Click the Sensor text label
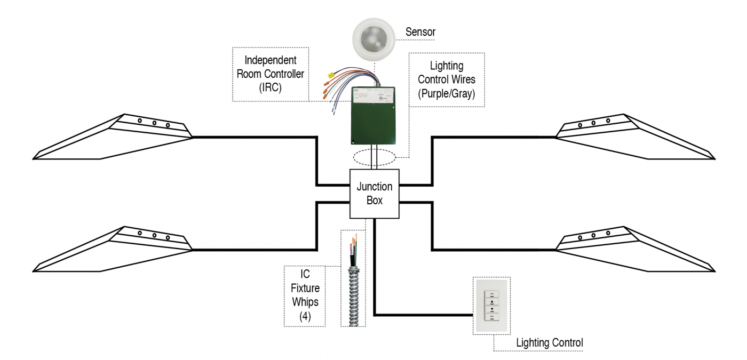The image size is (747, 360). click(x=420, y=33)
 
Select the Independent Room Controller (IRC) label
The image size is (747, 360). click(x=270, y=74)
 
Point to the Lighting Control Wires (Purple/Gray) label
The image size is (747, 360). click(x=447, y=79)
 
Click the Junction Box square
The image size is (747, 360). click(x=374, y=194)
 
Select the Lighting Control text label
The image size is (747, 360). click(x=549, y=342)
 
